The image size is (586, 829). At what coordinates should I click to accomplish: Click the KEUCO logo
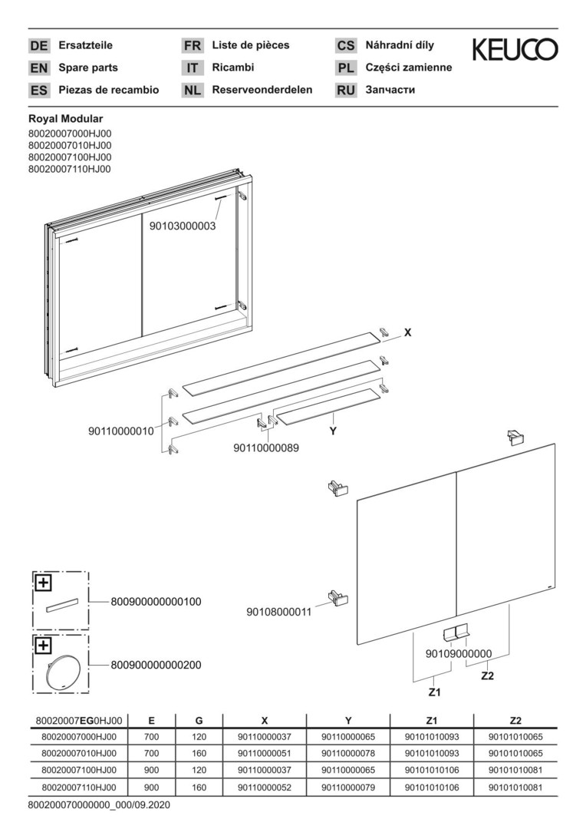click(x=515, y=50)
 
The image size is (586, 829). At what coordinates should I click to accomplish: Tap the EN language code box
click(x=38, y=68)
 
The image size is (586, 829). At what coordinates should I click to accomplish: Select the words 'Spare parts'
click(x=88, y=68)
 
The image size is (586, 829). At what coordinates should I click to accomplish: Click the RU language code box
click(x=346, y=90)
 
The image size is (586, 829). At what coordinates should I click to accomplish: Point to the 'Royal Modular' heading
click(x=66, y=119)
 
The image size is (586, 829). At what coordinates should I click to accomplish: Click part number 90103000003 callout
click(x=183, y=226)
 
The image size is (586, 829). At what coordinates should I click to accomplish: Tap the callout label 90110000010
click(x=120, y=431)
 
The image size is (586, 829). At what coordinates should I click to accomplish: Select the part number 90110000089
click(x=266, y=448)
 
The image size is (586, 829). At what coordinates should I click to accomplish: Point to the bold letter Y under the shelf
click(x=333, y=431)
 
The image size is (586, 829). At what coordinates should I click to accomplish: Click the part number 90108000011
click(x=279, y=612)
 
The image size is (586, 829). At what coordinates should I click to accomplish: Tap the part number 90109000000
click(x=458, y=653)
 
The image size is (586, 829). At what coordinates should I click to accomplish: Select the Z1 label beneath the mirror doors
click(x=434, y=692)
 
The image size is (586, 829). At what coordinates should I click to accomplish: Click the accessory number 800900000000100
click(x=156, y=602)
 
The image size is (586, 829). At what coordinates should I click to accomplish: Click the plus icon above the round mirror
click(x=44, y=645)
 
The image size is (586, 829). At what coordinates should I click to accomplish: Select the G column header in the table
click(x=199, y=721)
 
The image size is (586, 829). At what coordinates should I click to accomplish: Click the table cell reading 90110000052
click(x=264, y=787)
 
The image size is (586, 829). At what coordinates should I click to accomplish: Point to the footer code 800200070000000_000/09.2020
click(x=98, y=805)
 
